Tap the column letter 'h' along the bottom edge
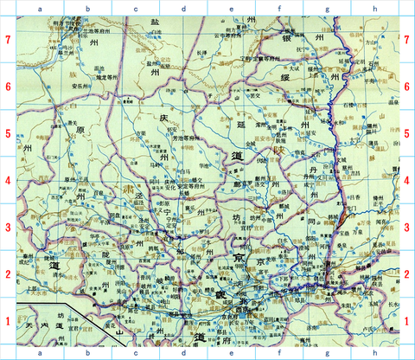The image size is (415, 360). (x=375, y=353)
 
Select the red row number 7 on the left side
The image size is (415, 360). (x=7, y=40)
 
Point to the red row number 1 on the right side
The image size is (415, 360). (x=407, y=321)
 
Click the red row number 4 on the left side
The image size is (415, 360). (x=7, y=180)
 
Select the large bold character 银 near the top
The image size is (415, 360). (x=286, y=39)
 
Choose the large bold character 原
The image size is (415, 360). (x=82, y=130)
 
